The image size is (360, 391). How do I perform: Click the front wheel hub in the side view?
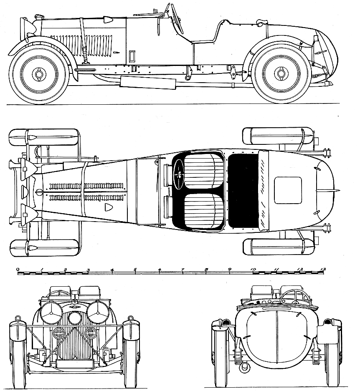[39, 74]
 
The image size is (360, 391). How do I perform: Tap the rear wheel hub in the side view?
[281, 73]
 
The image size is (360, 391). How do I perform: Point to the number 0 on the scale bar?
[18, 270]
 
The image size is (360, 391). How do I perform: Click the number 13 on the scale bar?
[322, 270]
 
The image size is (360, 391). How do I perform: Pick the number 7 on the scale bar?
[183, 270]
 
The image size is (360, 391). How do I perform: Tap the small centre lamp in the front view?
[75, 318]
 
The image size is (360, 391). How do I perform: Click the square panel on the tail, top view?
[288, 190]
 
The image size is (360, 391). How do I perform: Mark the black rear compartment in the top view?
[244, 191]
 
